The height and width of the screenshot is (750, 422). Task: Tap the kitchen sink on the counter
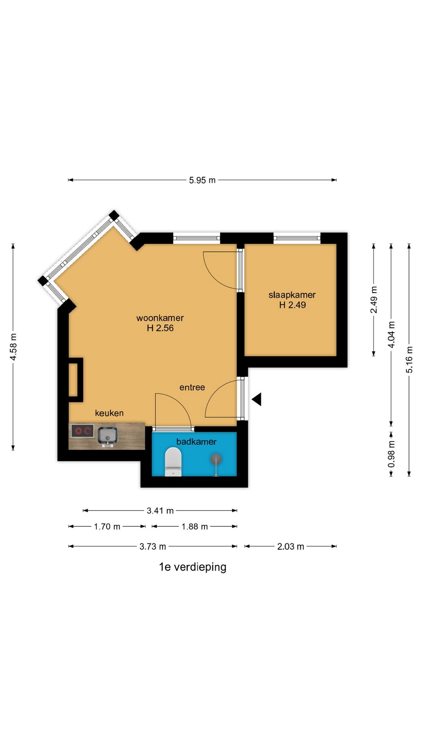107,436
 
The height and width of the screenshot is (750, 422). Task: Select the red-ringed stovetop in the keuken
82,431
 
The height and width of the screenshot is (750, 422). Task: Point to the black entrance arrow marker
256,399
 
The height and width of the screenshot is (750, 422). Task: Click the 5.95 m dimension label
202,180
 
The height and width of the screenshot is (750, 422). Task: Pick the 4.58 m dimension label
13,347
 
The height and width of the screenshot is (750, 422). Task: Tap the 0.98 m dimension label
391,454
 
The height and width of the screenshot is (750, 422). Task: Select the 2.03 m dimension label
290,546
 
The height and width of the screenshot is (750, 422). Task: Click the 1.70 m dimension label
107,527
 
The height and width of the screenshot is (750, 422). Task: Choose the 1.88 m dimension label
195,527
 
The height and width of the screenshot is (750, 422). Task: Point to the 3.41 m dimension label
160,511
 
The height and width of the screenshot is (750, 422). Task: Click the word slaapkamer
292,295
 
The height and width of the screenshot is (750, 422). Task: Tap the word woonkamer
160,318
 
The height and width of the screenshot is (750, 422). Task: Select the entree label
192,387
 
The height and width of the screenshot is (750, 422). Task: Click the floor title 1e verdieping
193,567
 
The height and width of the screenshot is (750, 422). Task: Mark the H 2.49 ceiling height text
292,305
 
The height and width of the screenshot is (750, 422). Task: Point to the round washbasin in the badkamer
216,459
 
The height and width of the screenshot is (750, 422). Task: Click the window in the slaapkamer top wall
297,237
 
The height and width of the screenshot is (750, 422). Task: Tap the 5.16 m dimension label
409,359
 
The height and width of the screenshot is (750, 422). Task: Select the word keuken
109,413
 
